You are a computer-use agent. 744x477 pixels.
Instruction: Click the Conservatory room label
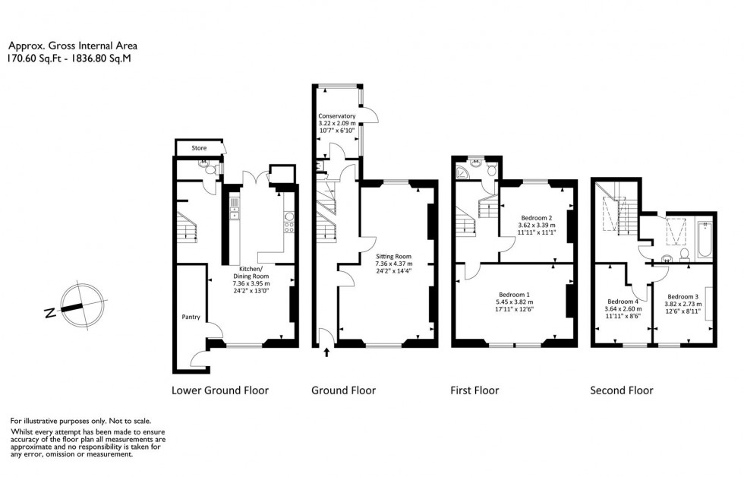(337, 116)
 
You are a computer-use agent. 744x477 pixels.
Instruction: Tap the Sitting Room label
(393, 257)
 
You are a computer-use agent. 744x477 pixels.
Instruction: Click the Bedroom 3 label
(683, 296)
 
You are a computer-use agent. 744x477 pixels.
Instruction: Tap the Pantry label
(190, 317)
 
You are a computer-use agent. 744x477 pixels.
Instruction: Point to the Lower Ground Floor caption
(220, 390)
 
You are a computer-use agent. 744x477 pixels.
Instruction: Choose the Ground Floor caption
(343, 390)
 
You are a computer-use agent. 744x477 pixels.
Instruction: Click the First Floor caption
(474, 390)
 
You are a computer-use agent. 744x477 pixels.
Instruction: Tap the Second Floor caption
(622, 390)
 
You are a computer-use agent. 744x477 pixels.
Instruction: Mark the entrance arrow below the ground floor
(327, 352)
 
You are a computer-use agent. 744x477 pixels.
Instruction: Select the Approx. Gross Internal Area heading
(73, 46)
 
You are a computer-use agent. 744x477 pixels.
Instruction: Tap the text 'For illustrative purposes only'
(80, 420)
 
